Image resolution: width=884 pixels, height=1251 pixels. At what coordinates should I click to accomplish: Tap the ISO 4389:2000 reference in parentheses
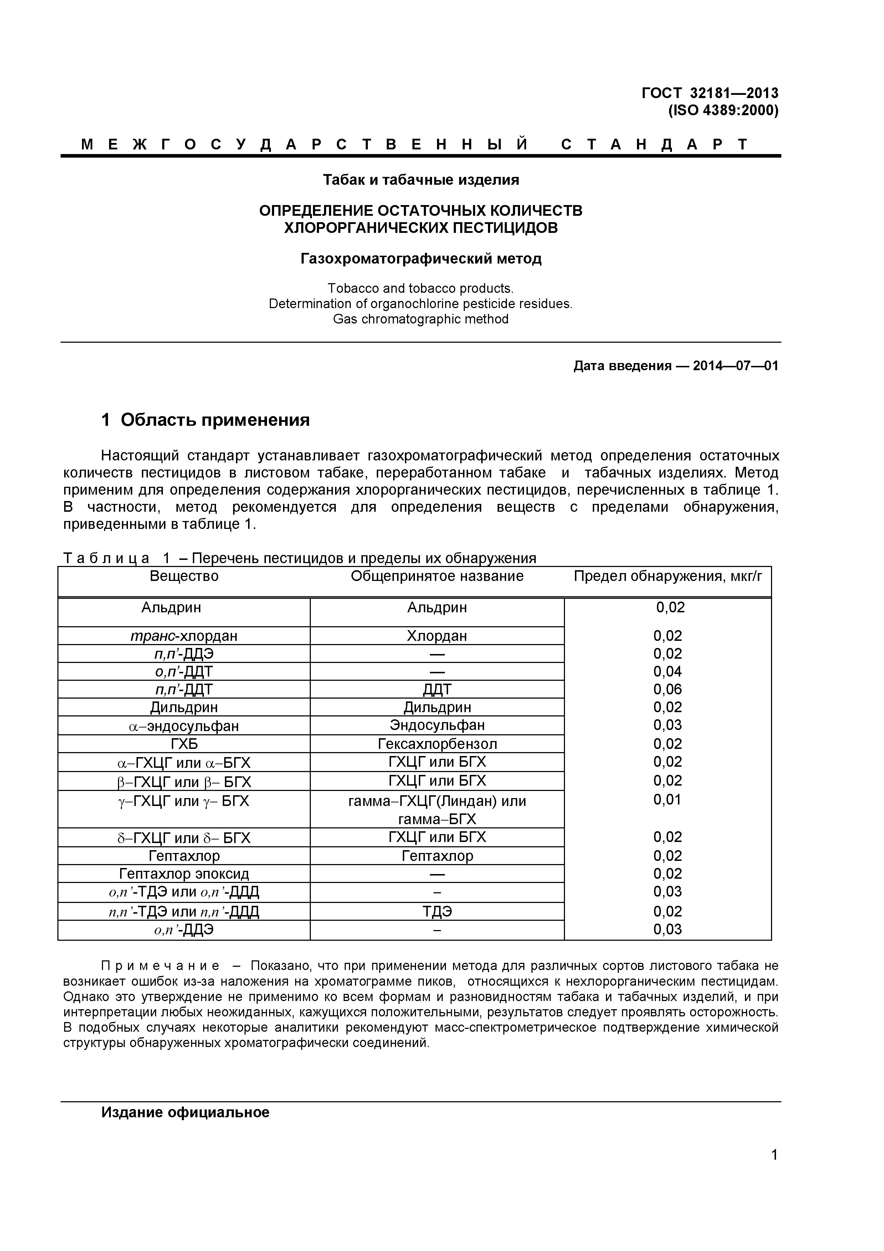pos(723,111)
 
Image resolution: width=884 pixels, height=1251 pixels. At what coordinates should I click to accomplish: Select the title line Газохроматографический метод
pos(421,258)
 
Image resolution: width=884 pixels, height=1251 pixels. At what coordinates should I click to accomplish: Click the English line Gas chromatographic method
pos(421,319)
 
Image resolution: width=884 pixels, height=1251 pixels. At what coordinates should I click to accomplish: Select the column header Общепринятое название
pos(437,576)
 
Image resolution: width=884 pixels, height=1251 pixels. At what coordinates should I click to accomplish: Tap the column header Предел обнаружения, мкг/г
pos(668,576)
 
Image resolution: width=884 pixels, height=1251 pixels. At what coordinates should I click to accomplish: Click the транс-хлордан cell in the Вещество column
pos(184,636)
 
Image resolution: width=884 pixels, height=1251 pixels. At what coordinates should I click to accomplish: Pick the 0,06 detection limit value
pos(668,689)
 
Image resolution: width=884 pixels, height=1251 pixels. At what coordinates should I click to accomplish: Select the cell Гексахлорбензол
pos(437,744)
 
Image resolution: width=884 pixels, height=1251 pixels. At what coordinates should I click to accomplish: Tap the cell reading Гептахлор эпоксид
pos(184,874)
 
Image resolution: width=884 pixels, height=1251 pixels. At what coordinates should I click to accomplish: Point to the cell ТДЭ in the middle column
pos(437,912)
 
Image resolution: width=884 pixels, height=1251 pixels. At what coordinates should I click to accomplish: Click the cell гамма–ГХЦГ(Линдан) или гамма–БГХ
pos(437,810)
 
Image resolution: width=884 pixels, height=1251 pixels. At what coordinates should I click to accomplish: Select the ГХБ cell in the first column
pos(184,744)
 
